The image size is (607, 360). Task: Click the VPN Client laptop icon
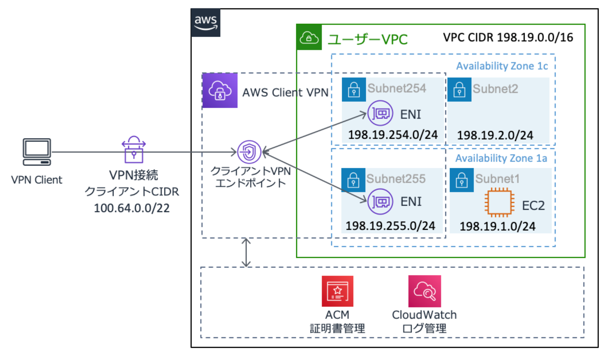37,152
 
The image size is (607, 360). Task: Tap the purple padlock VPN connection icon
133,150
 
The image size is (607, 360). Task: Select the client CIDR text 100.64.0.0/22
131,208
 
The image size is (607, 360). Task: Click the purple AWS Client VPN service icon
220,91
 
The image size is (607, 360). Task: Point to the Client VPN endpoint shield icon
249,152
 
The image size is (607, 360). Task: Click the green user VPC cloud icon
309,37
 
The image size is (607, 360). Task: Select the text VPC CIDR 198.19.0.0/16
508,37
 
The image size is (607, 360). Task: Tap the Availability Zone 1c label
502,66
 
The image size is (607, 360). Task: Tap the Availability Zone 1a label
501,158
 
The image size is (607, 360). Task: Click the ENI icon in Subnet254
380,113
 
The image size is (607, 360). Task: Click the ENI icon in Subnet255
380,201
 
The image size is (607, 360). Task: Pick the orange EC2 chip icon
499,203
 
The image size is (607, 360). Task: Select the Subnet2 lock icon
459,90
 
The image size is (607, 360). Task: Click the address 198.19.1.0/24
497,226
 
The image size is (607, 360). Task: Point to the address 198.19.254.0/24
393,135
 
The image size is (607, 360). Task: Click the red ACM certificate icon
337,291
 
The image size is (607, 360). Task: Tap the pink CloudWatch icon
424,291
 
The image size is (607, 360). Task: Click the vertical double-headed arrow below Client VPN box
246,253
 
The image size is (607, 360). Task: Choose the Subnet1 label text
497,178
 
